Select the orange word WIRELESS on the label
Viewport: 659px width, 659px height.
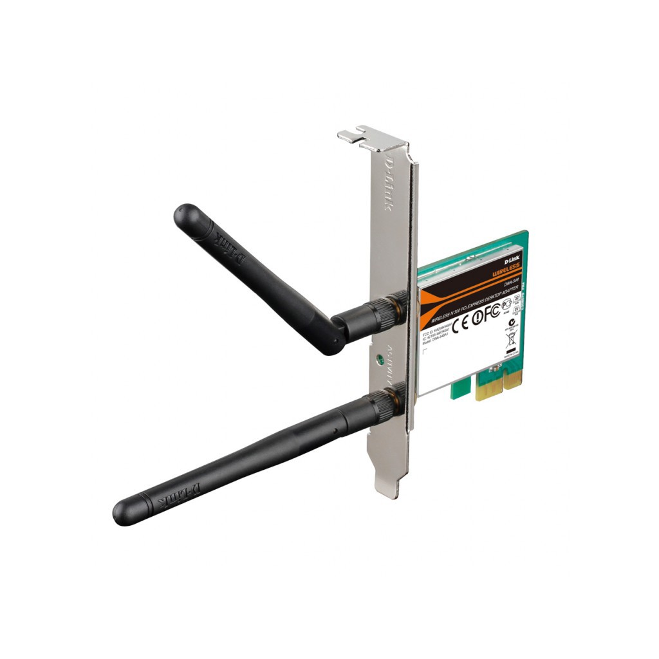(506, 273)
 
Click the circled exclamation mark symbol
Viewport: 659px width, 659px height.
(478, 319)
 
